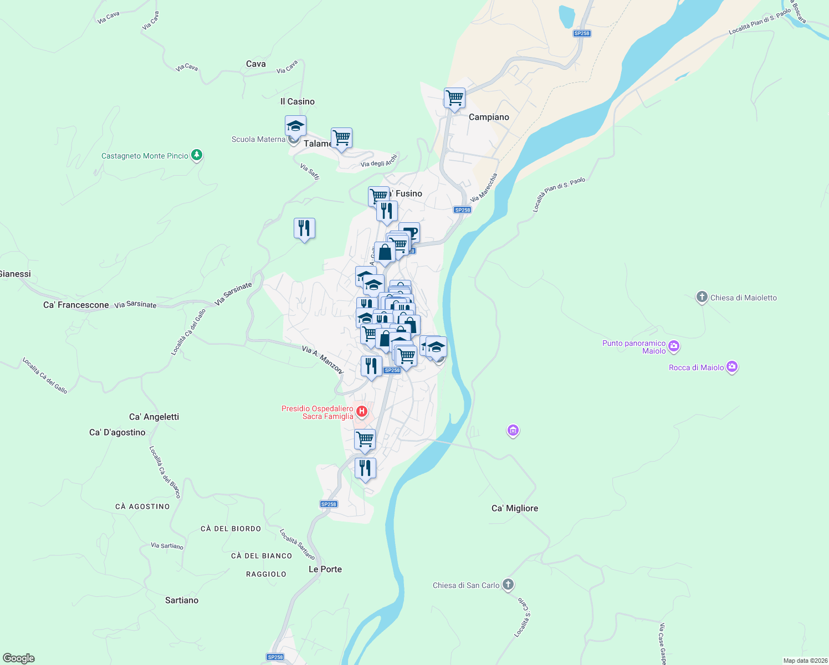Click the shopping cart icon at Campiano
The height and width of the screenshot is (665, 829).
pos(454,98)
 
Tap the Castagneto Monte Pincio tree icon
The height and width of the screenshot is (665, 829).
pos(196,155)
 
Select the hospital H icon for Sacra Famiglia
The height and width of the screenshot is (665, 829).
pos(361,411)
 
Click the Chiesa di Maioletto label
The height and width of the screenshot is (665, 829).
pos(743,298)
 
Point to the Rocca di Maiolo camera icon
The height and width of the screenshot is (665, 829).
pos(732,367)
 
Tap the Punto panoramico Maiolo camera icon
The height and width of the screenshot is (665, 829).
pos(674,347)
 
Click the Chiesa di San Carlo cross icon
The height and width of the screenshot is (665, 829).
pos(508,585)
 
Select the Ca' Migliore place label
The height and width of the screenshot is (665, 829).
pos(514,508)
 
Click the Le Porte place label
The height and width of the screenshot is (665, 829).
pos(325,569)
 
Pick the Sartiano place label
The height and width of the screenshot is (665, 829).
pos(182,600)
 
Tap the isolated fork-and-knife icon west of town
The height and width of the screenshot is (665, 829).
pos(304,228)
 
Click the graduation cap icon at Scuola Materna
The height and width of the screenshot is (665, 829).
pos(295,126)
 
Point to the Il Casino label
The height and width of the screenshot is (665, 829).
pos(297,101)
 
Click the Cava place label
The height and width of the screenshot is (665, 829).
pos(255,64)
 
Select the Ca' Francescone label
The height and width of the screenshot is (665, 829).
pos(76,305)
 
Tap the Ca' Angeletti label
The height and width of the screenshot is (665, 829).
pos(153,417)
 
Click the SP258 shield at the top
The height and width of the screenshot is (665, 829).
pos(582,33)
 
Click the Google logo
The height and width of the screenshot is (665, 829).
pos(19,658)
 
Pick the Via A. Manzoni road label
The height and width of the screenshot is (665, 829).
pos(323,359)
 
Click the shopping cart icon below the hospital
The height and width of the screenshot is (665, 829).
pos(365,439)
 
